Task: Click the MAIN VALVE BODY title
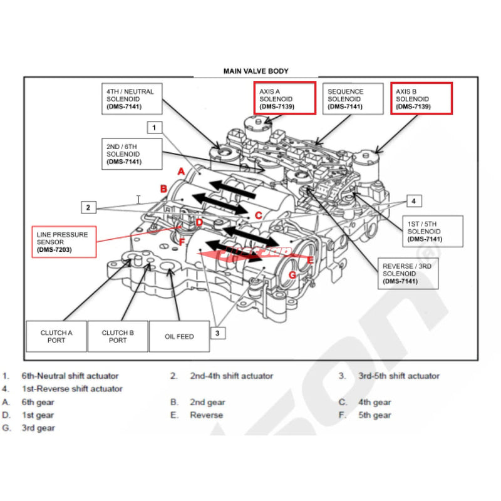tap(256, 71)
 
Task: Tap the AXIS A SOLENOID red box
tap(284, 98)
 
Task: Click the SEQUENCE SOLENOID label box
tap(354, 99)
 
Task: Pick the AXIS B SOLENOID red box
tap(421, 98)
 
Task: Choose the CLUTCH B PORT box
tap(117, 336)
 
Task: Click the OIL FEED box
tap(179, 336)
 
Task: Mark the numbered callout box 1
tap(155, 127)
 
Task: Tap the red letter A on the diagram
tap(180, 171)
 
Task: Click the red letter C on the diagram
tap(257, 215)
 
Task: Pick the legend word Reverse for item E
tap(207, 415)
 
